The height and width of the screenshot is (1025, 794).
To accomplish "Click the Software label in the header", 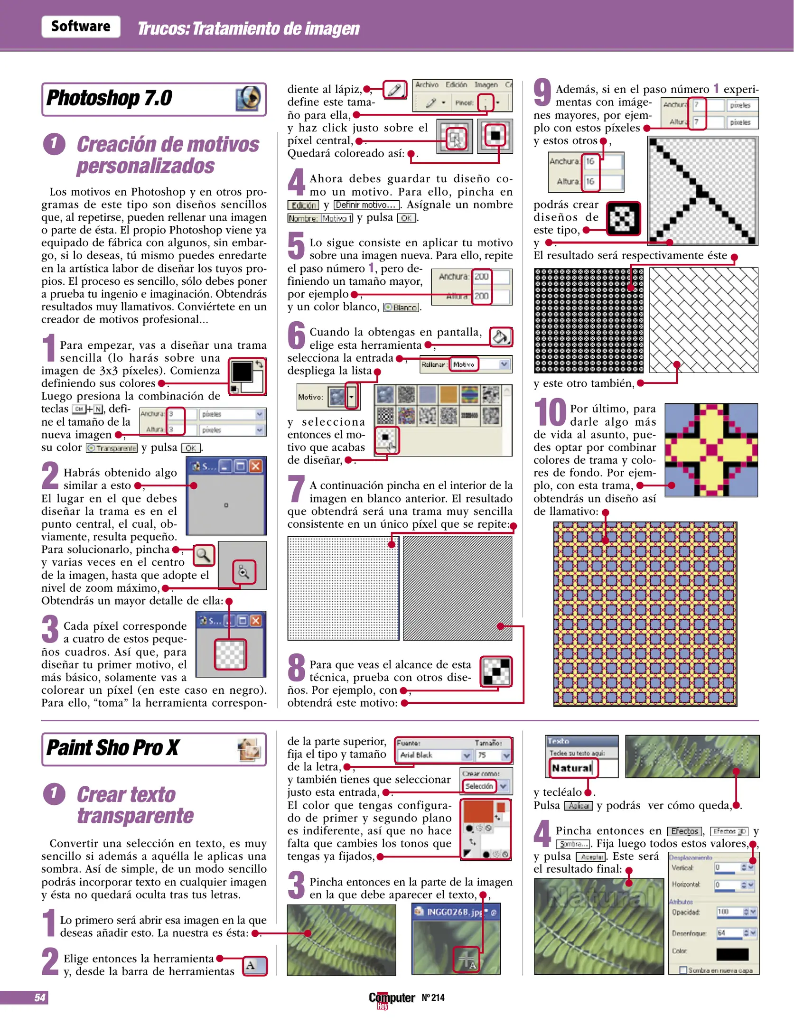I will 81,27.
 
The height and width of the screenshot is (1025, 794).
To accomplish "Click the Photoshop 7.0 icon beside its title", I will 248,99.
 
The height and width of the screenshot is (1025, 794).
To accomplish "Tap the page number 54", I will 40,997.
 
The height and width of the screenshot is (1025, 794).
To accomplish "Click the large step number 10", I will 550,412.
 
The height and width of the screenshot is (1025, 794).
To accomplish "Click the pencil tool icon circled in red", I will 395,89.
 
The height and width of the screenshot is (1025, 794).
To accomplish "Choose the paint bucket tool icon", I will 501,337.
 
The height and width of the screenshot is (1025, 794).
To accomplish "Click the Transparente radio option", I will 112,448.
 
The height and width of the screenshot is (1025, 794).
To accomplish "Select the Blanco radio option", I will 402,307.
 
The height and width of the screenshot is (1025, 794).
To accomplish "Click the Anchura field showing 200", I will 482,277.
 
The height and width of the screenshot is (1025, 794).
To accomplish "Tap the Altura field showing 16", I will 590,181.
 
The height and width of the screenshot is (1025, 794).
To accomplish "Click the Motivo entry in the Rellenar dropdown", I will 464,364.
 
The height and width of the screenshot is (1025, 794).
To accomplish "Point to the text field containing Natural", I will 572,768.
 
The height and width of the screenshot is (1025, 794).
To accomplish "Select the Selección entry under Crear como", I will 479,786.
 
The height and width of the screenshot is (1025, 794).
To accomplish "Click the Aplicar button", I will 579,806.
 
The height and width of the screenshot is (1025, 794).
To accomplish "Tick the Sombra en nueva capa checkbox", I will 683,970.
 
